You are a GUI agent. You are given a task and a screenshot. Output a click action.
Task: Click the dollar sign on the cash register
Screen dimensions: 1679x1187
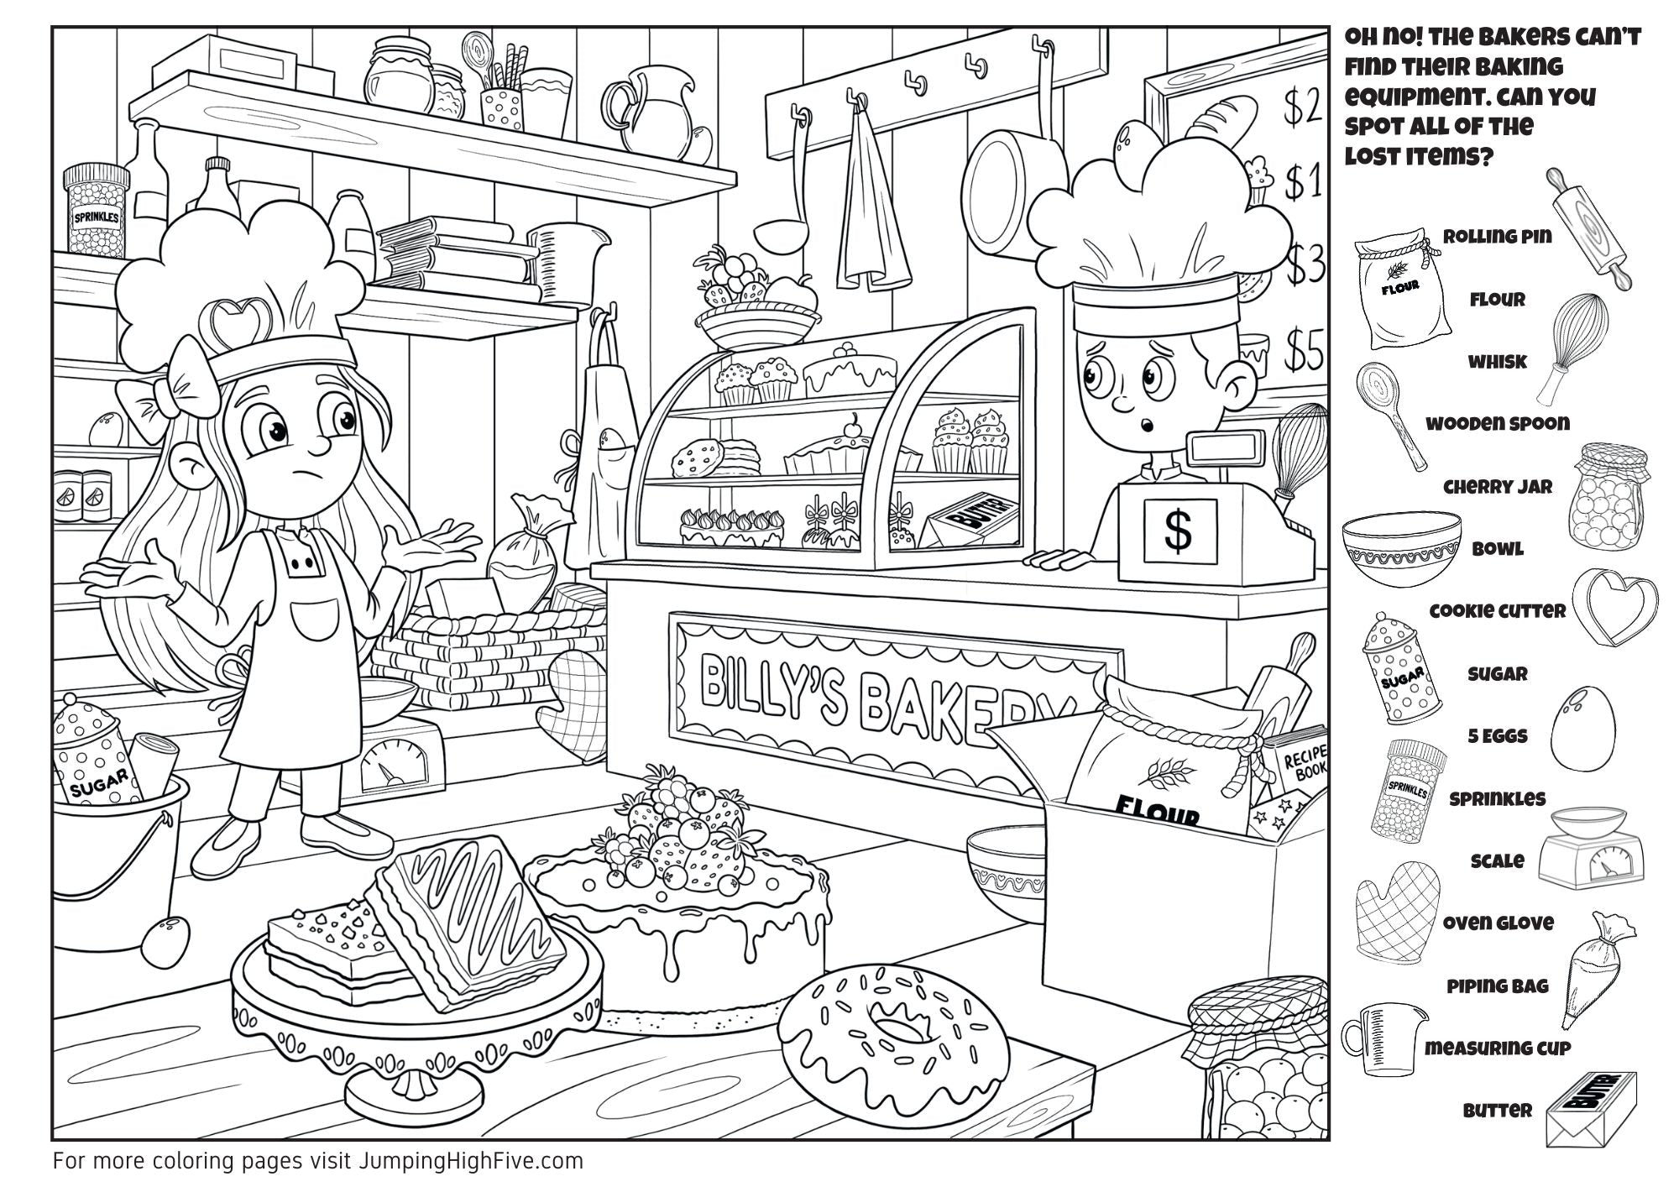(1179, 530)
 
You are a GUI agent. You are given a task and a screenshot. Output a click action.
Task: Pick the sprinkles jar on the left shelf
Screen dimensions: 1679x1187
(96, 212)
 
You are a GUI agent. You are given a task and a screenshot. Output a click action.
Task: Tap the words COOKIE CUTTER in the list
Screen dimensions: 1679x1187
(1497, 611)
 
